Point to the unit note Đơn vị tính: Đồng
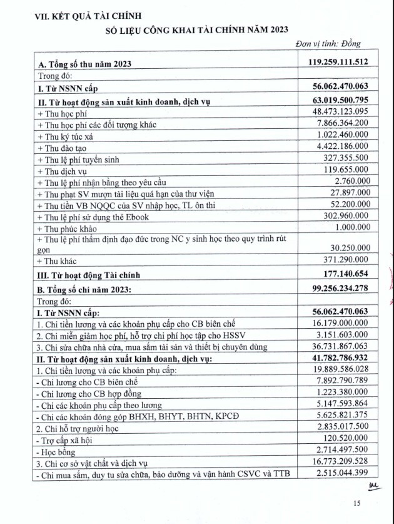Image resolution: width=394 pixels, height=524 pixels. tap(328, 44)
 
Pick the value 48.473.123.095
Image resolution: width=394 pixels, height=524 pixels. tap(345, 113)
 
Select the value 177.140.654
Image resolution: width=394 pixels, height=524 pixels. tap(351, 274)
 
